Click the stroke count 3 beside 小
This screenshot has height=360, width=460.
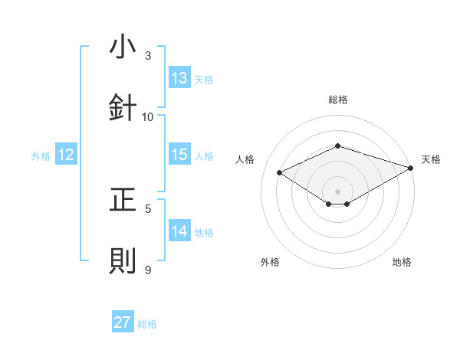[149, 56]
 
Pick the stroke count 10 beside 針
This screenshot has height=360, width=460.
[148, 116]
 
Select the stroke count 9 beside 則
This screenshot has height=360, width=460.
[149, 270]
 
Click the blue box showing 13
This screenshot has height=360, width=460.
[179, 78]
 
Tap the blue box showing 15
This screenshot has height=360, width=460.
[179, 155]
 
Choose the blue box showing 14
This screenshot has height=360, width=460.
[179, 231]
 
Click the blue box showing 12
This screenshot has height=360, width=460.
[66, 155]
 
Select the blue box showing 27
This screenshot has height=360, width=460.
[123, 322]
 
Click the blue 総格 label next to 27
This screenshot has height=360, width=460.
[147, 324]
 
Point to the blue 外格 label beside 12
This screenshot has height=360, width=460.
[41, 156]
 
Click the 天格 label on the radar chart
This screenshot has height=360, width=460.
[431, 159]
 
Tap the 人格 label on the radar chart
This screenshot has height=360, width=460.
[245, 159]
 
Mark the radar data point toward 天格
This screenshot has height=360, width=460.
[412, 168]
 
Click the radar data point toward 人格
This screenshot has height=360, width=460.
[280, 172]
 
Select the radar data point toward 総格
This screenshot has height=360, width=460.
[337, 145]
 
